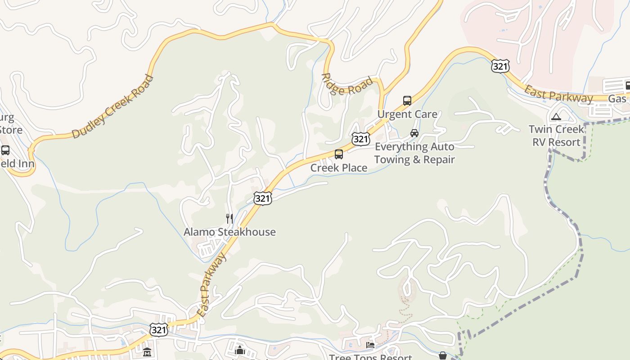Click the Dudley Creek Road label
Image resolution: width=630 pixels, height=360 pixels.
tap(112, 107)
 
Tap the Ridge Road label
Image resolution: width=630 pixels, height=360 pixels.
tap(348, 84)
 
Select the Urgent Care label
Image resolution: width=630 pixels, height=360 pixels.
tap(407, 114)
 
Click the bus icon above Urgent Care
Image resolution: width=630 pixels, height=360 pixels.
tap(407, 101)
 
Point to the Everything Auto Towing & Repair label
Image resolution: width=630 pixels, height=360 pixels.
tap(414, 153)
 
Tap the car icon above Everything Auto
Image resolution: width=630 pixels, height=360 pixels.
tap(414, 133)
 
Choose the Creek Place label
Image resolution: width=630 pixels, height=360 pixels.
tap(339, 168)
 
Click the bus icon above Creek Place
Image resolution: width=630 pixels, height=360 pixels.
tap(339, 154)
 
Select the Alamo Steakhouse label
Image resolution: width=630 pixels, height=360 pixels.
tap(229, 232)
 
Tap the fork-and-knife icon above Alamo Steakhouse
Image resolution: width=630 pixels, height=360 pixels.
tap(229, 219)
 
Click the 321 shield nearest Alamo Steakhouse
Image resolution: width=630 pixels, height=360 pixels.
tap(262, 198)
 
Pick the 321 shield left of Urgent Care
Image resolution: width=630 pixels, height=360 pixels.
tap(361, 139)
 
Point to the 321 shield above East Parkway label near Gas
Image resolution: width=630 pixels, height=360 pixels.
tap(500, 67)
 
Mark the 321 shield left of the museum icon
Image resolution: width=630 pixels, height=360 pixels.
tap(159, 330)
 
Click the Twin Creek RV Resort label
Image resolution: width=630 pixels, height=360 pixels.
tap(556, 136)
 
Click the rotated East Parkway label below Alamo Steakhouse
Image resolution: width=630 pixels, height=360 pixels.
tap(211, 284)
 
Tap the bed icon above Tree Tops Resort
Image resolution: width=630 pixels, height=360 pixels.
tap(370, 345)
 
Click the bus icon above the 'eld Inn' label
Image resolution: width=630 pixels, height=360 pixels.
tap(5, 150)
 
